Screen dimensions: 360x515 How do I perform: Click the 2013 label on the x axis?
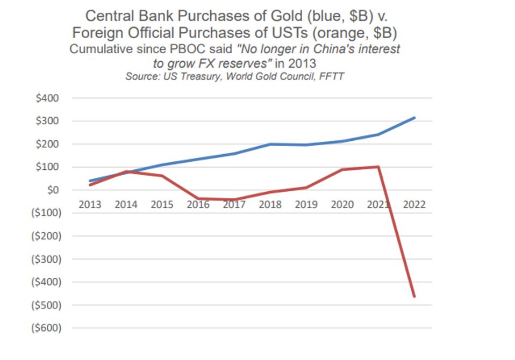(x=90, y=205)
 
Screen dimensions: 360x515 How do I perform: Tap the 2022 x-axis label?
(x=414, y=205)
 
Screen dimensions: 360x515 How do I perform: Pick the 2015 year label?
(x=162, y=205)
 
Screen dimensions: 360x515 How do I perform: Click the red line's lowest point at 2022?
(x=414, y=296)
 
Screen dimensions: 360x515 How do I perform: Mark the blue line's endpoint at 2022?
(x=414, y=118)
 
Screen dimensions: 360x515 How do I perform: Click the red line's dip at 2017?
(x=234, y=200)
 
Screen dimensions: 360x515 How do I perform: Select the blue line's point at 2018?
(x=270, y=144)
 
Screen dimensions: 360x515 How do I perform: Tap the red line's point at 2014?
(x=126, y=172)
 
